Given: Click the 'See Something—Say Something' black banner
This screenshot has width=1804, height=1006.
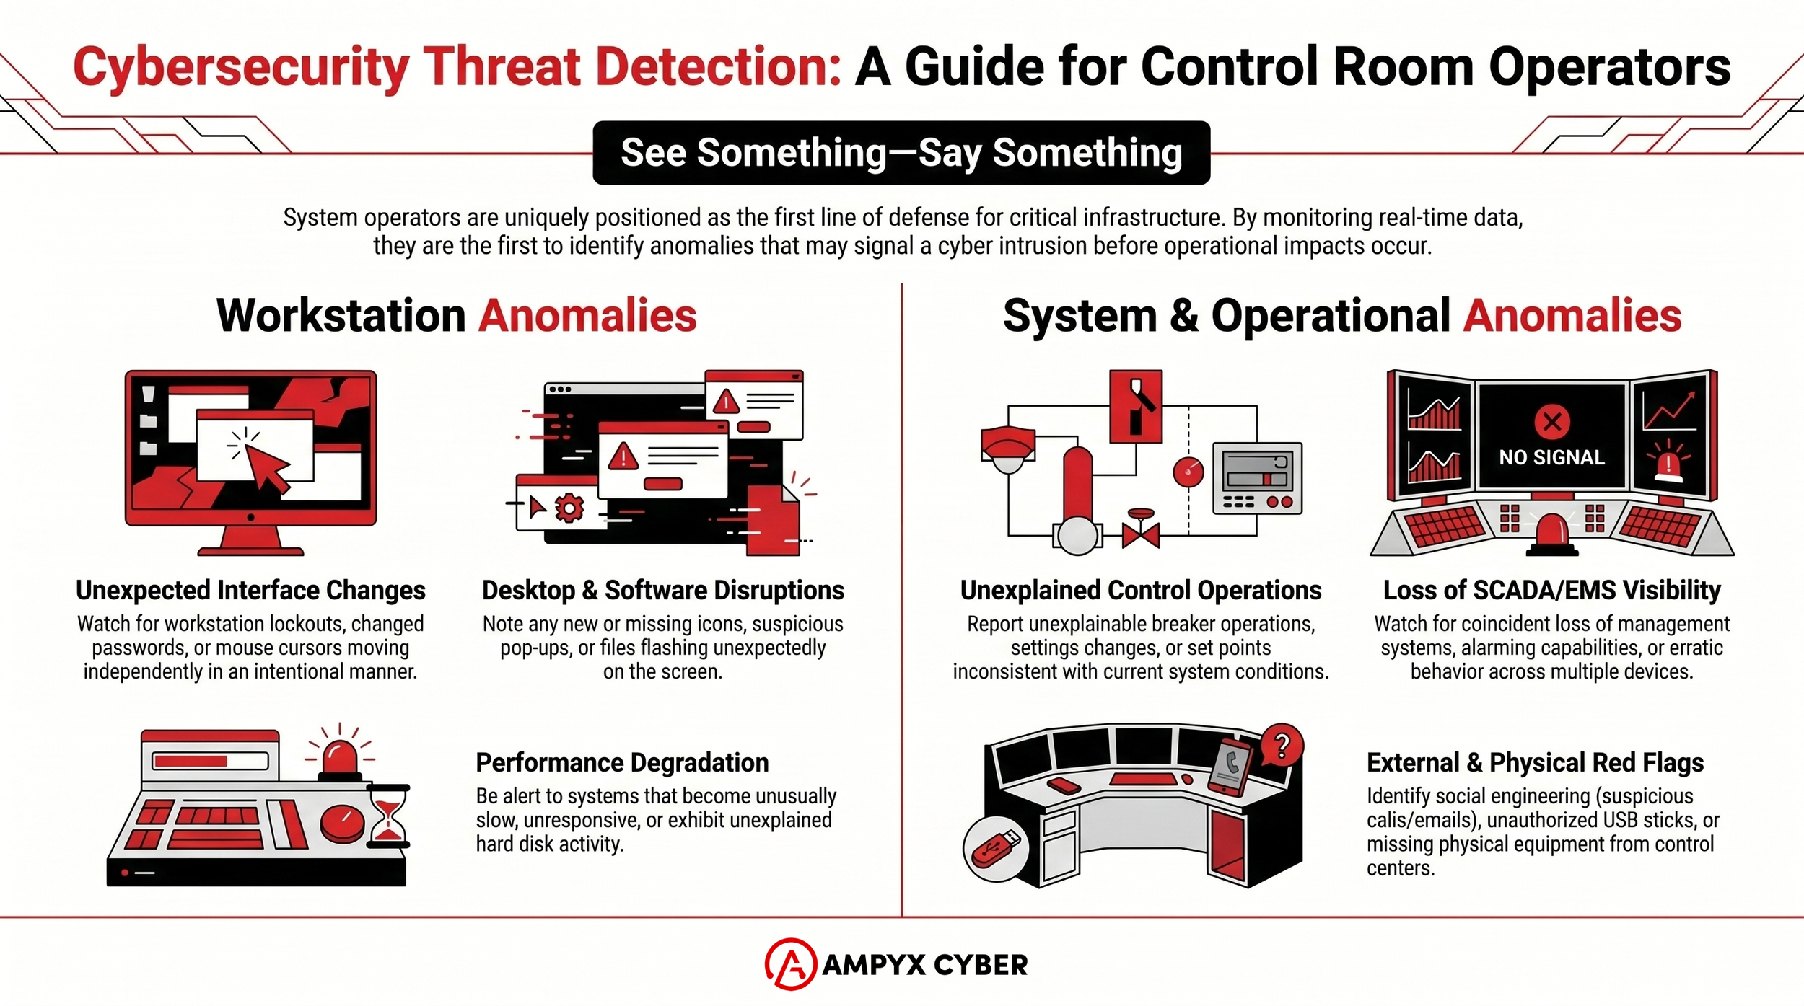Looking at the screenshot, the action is (x=901, y=153).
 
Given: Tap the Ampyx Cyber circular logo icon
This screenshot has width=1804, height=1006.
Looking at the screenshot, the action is (x=791, y=964).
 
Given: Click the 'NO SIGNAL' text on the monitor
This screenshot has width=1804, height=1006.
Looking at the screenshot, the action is (x=1551, y=457).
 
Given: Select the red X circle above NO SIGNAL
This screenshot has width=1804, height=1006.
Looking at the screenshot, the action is (x=1552, y=422).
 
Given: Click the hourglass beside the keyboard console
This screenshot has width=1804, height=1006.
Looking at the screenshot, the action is (x=388, y=816).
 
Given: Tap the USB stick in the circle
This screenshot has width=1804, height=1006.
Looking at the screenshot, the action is (x=996, y=849).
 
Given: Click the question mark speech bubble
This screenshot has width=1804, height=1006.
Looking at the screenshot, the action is (x=1282, y=746).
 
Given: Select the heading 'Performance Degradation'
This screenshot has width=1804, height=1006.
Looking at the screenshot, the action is (x=622, y=763).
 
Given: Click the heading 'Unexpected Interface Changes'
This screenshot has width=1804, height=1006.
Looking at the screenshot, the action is (x=250, y=591).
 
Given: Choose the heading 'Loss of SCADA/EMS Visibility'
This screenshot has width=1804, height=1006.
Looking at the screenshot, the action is (x=1551, y=591).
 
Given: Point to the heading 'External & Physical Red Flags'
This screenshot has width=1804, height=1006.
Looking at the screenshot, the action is (x=1535, y=763).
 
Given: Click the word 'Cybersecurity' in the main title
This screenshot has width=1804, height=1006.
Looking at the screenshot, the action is (x=241, y=68).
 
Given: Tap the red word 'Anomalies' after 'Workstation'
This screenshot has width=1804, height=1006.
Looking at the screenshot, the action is (x=588, y=316).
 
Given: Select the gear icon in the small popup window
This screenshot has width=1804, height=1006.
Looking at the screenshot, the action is (x=569, y=508).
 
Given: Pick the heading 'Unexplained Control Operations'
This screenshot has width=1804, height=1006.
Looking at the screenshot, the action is (x=1140, y=591).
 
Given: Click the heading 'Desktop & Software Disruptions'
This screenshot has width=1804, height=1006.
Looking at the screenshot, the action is (x=662, y=591).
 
